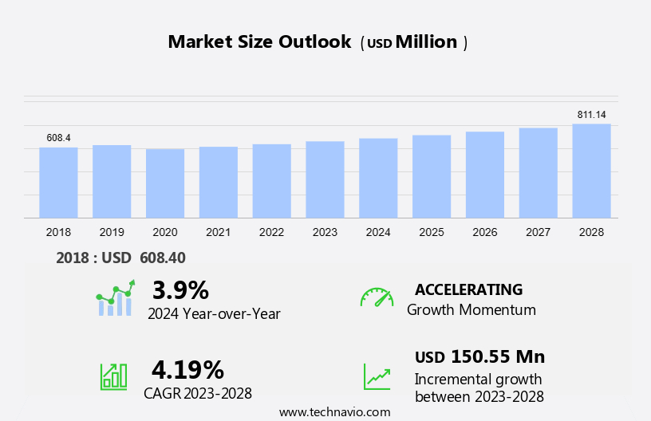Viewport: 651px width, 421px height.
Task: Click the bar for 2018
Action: [58, 183]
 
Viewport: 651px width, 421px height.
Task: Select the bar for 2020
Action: [165, 183]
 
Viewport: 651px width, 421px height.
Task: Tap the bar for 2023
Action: [325, 179]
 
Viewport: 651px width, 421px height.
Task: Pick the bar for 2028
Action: [591, 171]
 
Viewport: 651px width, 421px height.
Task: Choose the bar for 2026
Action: [485, 175]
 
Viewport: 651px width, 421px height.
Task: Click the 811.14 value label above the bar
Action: [591, 115]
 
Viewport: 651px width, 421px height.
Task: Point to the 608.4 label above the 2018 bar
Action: [58, 138]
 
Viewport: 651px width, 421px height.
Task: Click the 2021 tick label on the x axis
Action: [218, 232]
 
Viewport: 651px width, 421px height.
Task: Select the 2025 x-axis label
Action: [432, 232]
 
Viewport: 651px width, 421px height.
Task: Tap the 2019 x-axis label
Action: [112, 232]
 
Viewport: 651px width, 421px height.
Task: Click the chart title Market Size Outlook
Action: [259, 42]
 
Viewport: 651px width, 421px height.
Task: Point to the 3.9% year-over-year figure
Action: [180, 289]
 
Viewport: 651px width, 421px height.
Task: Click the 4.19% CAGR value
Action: [187, 369]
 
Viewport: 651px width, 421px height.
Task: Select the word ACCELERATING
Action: [468, 289]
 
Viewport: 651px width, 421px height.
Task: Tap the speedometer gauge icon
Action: [377, 297]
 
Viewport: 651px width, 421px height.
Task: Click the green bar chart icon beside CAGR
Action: [113, 376]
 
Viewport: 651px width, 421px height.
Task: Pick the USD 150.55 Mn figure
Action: [479, 356]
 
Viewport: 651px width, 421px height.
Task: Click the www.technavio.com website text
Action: [334, 412]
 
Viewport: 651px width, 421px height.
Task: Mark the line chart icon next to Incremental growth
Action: [377, 376]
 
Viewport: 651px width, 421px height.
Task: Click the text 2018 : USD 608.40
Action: [120, 258]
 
